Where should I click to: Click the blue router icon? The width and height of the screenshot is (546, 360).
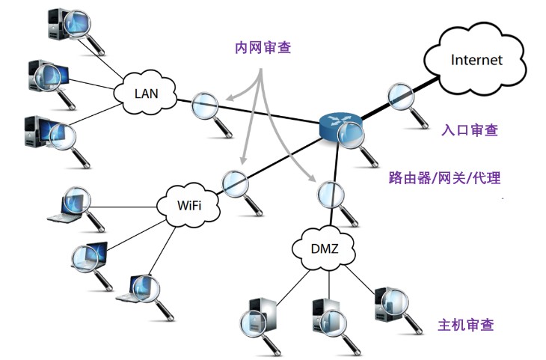[x=339, y=125]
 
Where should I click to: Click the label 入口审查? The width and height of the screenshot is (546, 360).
[x=470, y=129]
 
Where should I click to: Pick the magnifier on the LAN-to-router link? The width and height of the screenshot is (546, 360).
[x=205, y=107]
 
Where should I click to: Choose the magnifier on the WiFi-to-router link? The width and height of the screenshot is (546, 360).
[x=235, y=182]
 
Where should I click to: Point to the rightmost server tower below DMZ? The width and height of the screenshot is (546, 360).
[x=387, y=302]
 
